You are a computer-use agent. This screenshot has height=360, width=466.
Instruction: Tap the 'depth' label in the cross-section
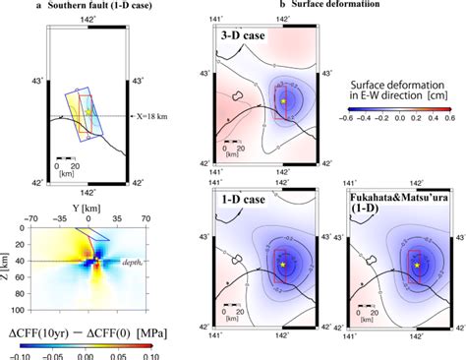(128, 261)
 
